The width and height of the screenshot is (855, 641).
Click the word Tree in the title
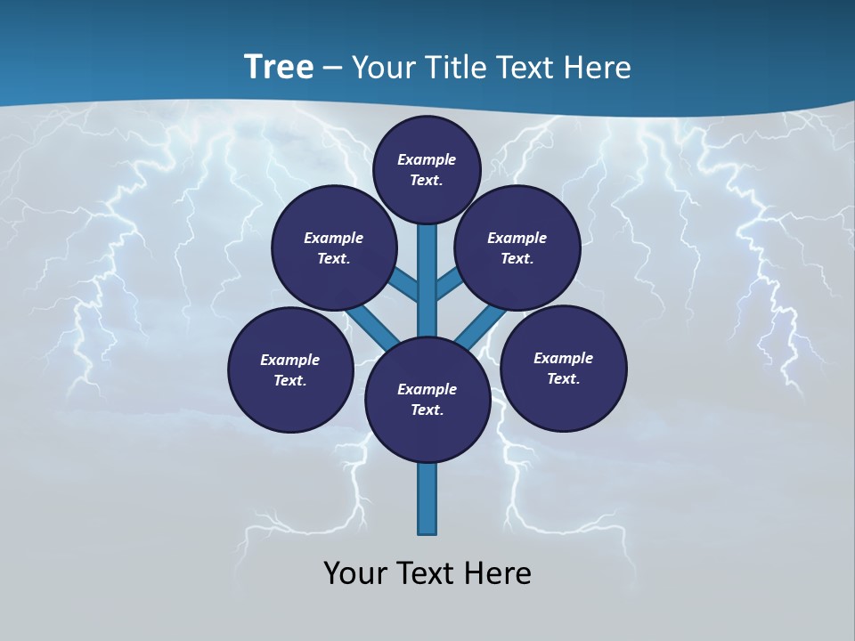click(x=279, y=67)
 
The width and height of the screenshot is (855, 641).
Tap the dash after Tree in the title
click(x=332, y=69)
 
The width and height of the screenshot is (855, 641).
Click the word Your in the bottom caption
click(x=354, y=573)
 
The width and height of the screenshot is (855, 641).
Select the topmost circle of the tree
click(x=427, y=169)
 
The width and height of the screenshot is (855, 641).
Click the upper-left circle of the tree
click(x=334, y=247)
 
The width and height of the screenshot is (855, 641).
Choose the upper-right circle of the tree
click(x=517, y=247)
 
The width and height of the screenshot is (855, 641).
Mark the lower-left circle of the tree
click(x=290, y=369)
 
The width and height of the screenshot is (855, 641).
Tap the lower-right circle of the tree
click(x=563, y=368)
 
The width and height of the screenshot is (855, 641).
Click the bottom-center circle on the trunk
click(x=427, y=399)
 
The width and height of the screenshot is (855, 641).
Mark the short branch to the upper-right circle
click(x=448, y=285)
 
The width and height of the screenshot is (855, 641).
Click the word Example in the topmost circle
click(x=427, y=159)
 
